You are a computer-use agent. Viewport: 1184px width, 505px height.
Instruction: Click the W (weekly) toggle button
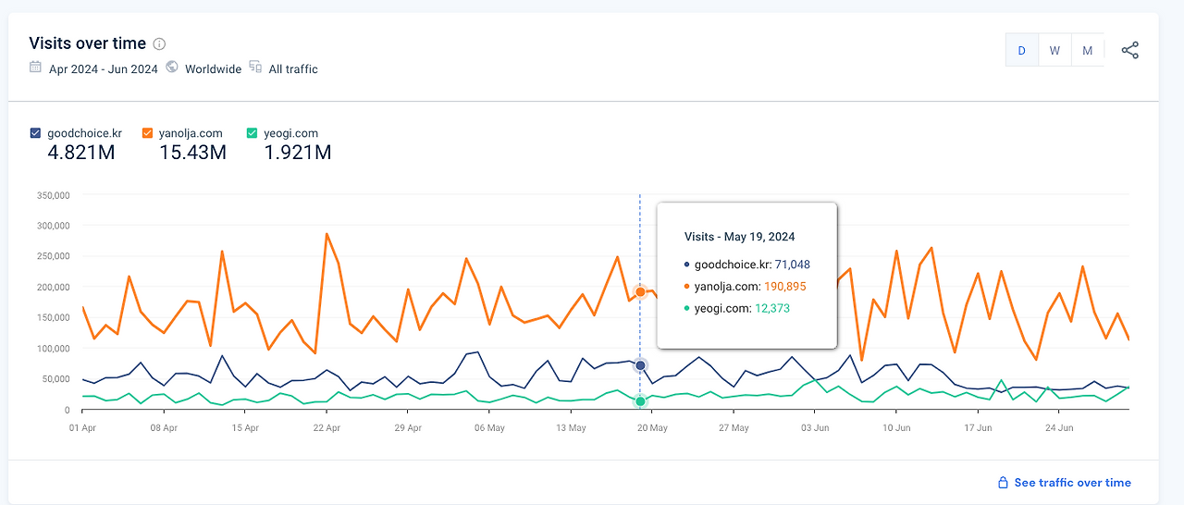point(1054,51)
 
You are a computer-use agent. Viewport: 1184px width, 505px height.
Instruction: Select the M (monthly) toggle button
point(1088,51)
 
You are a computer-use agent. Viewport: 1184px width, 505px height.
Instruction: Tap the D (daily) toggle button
point(1021,51)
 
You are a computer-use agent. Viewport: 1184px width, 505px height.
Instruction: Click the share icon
point(1129,51)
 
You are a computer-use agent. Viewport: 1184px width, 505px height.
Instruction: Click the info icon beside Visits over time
point(159,44)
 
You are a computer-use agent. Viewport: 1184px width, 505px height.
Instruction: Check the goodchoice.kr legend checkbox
point(35,133)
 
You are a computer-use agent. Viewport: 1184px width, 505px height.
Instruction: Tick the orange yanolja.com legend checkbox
point(147,133)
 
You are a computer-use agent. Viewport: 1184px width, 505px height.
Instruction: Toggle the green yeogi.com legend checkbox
point(252,133)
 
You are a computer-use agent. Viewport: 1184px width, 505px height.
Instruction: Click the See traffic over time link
point(1072,483)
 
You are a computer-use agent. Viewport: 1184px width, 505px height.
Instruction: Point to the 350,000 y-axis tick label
point(52,196)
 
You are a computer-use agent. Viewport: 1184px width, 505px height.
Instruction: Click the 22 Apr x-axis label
point(327,428)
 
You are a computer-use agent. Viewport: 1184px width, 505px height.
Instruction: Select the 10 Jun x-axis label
point(896,428)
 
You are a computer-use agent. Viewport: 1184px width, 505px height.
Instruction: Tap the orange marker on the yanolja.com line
point(640,292)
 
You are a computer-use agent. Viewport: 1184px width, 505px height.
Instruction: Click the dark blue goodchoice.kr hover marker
point(640,366)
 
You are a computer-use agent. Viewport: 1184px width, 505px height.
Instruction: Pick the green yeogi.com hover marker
point(640,401)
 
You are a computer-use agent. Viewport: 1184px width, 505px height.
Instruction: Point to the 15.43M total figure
point(192,153)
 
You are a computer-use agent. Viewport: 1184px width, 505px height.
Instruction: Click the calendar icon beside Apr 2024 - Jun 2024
point(35,68)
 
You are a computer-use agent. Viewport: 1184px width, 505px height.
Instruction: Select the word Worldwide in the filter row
point(213,69)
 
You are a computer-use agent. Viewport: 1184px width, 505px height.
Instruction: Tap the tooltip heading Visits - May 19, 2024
point(739,237)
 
